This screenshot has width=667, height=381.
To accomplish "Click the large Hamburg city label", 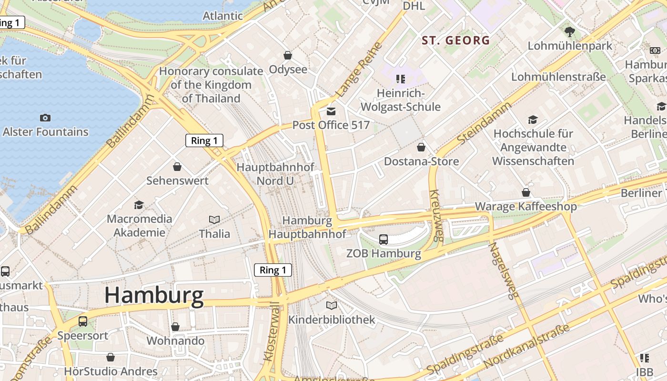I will (154, 295).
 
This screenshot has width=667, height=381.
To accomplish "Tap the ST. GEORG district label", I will (456, 40).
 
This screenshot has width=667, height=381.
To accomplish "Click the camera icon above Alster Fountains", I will (45, 118).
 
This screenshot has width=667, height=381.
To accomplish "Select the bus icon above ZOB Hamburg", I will (383, 240).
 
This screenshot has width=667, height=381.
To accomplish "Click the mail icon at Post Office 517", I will (331, 111).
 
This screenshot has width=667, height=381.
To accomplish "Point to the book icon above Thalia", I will (214, 220).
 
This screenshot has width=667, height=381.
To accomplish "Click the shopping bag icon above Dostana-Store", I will (421, 147).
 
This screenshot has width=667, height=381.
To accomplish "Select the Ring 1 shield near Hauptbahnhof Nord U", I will (204, 140).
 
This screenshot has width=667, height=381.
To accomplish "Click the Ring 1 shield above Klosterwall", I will (273, 270).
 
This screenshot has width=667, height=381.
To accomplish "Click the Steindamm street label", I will (484, 123).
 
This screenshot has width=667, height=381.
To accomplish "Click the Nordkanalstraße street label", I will (526, 346).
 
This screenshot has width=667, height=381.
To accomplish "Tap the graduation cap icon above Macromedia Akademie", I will (139, 205).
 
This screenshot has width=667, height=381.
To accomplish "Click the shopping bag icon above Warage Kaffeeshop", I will (526, 192).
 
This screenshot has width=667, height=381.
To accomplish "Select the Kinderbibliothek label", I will (332, 320).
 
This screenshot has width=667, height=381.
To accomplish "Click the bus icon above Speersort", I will (83, 321).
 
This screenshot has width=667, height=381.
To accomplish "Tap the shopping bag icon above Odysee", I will (288, 56).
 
